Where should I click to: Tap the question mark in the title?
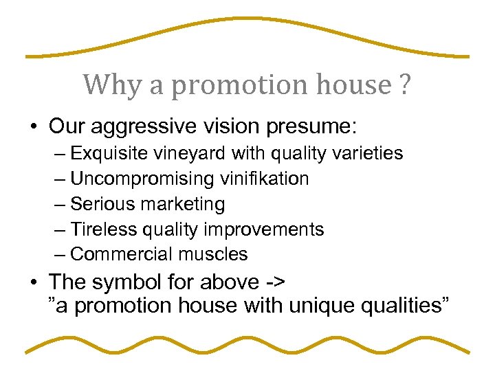[x=404, y=85]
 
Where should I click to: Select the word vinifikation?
[x=265, y=179]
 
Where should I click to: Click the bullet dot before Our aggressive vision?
[x=32, y=128]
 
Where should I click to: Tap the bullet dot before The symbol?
[x=32, y=282]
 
